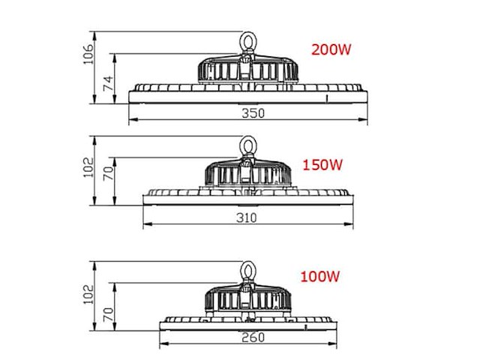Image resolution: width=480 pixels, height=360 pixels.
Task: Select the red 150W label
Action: click(x=322, y=164)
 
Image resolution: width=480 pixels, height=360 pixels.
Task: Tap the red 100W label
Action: click(x=320, y=277)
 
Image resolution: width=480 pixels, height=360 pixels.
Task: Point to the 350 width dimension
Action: click(x=247, y=113)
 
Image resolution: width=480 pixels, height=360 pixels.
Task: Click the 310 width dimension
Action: click(x=247, y=218)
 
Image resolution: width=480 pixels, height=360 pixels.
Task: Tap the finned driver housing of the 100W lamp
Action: click(x=247, y=299)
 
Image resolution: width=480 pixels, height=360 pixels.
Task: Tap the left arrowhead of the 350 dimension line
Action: click(x=130, y=121)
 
